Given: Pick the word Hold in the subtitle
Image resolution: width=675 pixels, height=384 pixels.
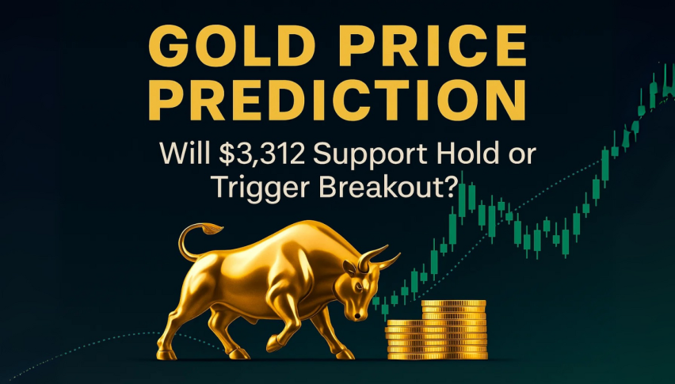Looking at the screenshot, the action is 463,154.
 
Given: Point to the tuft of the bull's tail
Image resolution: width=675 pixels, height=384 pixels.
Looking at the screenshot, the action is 211,228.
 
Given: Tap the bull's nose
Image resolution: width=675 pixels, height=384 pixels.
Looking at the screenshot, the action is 358,316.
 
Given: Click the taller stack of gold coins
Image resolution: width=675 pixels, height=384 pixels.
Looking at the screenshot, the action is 454,329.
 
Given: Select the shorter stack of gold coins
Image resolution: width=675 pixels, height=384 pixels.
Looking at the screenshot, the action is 404,340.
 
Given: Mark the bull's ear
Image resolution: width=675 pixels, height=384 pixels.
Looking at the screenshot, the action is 349,268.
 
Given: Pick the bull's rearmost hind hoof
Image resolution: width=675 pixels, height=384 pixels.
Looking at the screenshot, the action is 166,355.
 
